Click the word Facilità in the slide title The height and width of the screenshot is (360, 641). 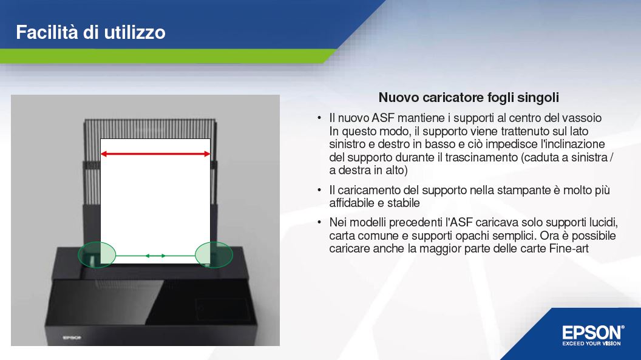click(47, 32)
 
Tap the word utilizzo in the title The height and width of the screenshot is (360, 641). click(135, 32)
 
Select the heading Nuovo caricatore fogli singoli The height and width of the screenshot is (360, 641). click(469, 98)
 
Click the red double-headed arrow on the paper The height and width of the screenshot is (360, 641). click(155, 154)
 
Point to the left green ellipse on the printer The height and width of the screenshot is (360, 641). click(97, 255)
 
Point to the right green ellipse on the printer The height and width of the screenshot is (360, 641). click(214, 255)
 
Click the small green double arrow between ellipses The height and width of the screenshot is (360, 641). click(155, 256)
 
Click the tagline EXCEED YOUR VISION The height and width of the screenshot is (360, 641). click(592, 344)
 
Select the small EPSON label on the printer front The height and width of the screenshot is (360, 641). click(72, 338)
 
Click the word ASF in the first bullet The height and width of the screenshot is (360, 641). click(383, 118)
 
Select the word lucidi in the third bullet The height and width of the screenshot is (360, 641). click(603, 223)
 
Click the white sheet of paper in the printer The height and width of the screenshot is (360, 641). click(155, 201)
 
